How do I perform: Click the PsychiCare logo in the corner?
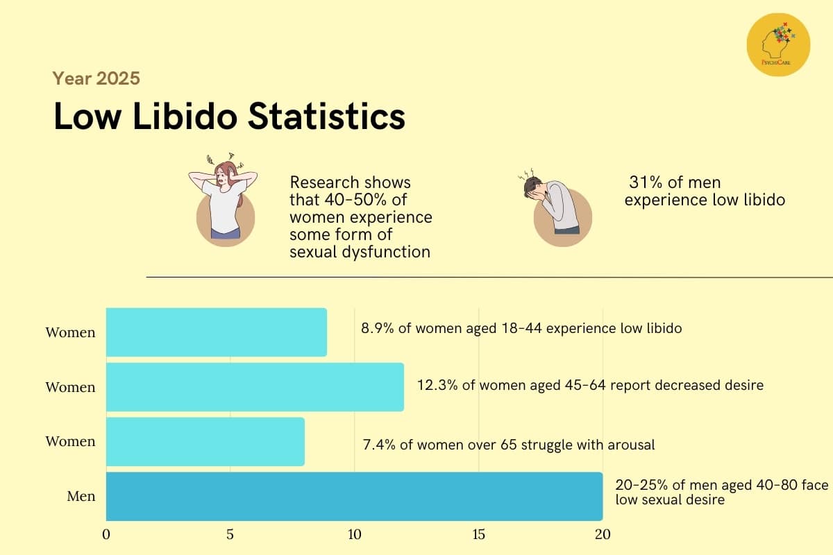(778, 45)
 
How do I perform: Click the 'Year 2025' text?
(96, 78)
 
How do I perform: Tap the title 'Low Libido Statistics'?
(229, 117)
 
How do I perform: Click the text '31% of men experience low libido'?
(704, 191)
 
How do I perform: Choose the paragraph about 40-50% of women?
(360, 217)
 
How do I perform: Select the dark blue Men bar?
(354, 496)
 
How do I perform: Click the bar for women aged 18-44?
(216, 332)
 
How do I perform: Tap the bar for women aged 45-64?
(255, 387)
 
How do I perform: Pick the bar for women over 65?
(205, 441)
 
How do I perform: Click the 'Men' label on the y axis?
(81, 496)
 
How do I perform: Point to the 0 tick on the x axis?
(106, 535)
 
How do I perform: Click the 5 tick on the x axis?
(230, 535)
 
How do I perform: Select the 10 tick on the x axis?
(354, 535)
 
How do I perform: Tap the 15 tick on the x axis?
(478, 535)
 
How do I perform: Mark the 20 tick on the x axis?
(602, 535)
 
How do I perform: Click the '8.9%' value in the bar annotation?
(377, 328)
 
